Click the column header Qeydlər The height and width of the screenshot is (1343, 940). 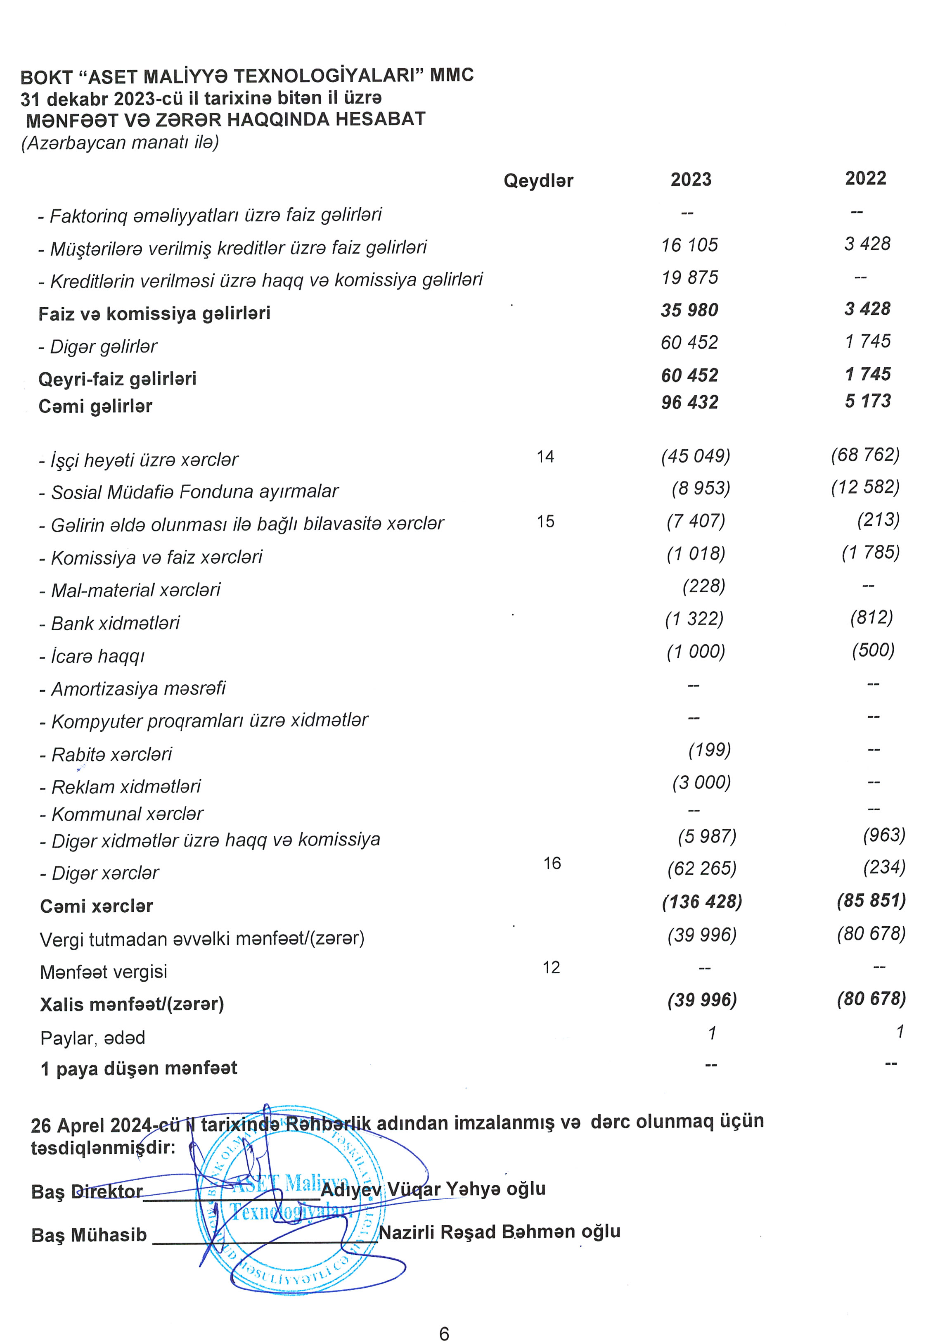(538, 181)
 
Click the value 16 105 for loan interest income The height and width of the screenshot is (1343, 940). (689, 245)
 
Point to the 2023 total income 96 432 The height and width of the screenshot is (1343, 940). (689, 402)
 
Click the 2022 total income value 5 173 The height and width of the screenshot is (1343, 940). (867, 401)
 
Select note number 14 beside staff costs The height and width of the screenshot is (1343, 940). (545, 456)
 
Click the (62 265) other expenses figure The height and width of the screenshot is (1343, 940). (701, 868)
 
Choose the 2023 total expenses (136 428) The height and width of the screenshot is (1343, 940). (701, 902)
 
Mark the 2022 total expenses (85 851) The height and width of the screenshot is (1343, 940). (871, 900)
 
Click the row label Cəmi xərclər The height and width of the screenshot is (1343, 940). (97, 906)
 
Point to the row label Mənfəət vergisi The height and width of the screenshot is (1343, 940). (104, 972)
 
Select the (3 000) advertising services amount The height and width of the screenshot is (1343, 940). (701, 783)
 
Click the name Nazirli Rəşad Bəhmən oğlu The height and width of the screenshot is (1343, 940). (499, 1232)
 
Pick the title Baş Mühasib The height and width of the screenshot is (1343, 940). (89, 1235)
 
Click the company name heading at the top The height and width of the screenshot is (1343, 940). (247, 76)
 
